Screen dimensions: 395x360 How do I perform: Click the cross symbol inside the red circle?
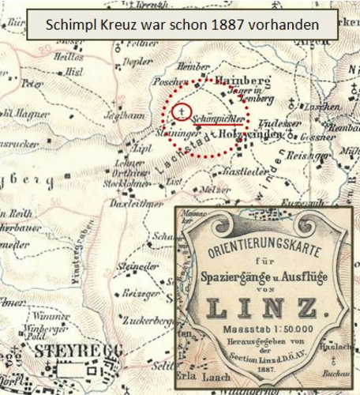click(182, 112)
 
